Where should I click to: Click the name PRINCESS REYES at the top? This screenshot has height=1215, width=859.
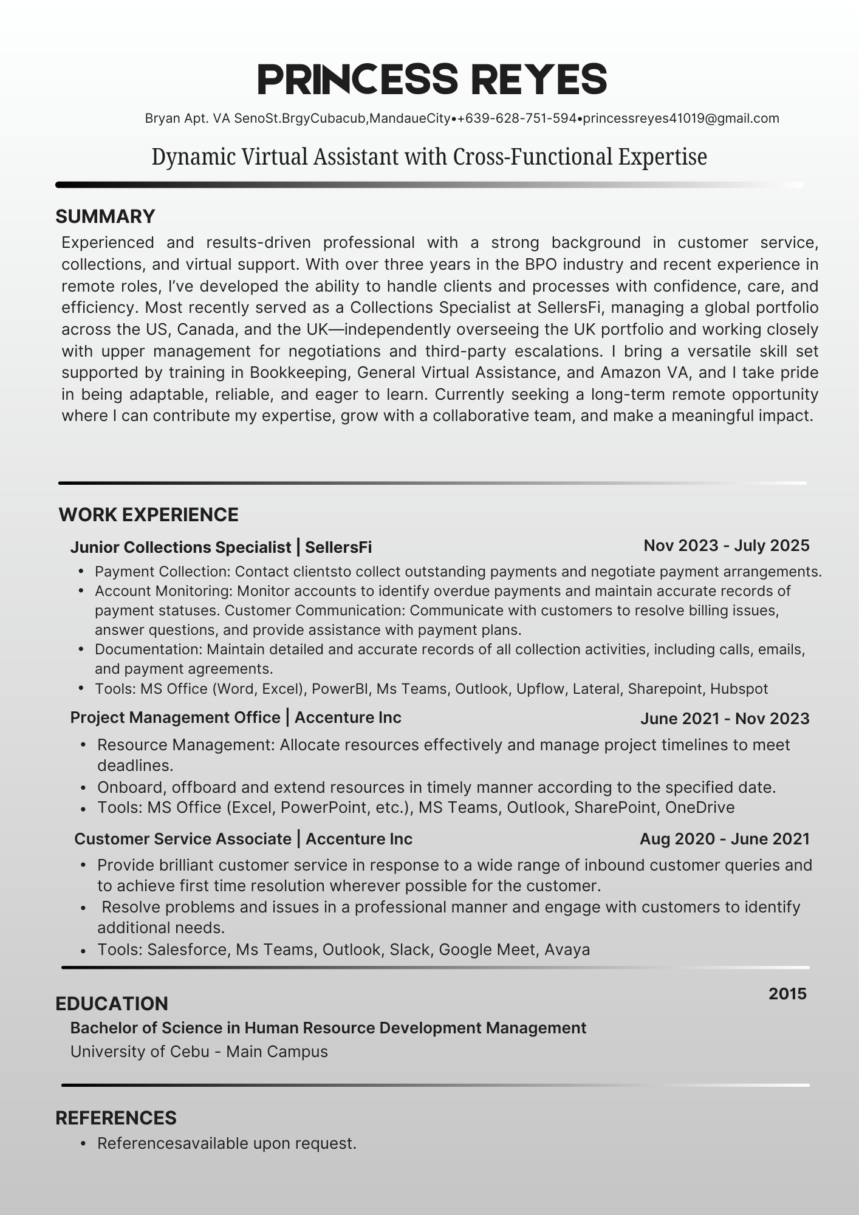(432, 80)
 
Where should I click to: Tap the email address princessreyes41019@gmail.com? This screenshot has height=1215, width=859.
(681, 118)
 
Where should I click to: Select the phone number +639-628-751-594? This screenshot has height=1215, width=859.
(517, 118)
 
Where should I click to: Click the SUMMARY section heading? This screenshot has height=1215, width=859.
(105, 216)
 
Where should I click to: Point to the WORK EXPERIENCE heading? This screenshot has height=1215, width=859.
(148, 515)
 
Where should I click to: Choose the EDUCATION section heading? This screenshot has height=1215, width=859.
(111, 1004)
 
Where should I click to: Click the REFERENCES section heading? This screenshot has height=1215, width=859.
(115, 1118)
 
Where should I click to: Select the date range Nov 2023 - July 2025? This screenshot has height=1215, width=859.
(726, 546)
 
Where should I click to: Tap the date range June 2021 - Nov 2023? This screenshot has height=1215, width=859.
(724, 719)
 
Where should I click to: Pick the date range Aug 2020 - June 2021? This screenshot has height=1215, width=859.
(724, 839)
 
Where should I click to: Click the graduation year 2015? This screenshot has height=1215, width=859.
(787, 994)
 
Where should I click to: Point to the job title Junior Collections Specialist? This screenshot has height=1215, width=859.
(180, 547)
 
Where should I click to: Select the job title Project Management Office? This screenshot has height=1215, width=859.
(175, 717)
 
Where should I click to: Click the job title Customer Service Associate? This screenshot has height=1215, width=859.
(182, 839)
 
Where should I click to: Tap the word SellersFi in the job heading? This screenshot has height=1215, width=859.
(338, 547)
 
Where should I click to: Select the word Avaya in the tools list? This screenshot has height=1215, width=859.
(567, 950)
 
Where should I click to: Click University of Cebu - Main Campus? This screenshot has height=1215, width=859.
(199, 1052)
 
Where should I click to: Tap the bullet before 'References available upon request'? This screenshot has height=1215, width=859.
(83, 1144)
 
